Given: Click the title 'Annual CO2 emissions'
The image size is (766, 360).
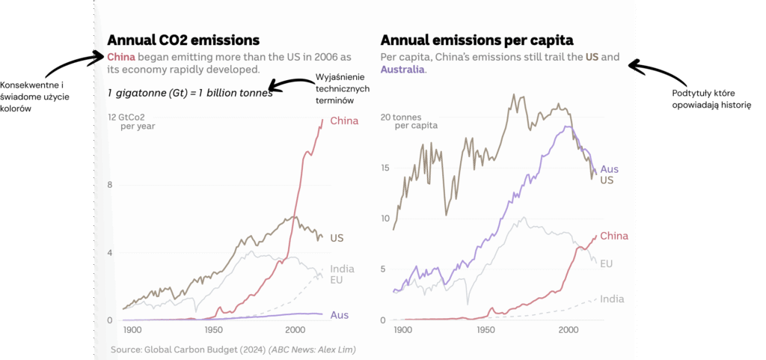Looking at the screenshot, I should click(183, 40).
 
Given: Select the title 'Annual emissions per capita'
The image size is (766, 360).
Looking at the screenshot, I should click(477, 40).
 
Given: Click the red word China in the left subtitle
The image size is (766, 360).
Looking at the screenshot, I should click(121, 57).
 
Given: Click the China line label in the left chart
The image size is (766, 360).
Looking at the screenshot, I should click(343, 120).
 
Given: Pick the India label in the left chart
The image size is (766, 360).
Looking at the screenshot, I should click(342, 269).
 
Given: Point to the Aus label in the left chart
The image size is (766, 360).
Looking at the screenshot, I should click(339, 315).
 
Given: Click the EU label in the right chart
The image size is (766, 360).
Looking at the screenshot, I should click(607, 263).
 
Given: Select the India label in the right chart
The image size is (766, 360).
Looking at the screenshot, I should click(612, 299).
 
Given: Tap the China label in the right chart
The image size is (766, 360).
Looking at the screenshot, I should click(614, 236).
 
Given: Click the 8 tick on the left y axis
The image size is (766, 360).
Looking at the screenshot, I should click(110, 185).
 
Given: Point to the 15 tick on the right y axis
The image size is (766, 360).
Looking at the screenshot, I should click(386, 168).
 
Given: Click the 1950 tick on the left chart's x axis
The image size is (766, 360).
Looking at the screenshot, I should click(214, 329).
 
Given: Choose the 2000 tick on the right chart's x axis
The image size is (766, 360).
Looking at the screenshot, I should click(568, 329).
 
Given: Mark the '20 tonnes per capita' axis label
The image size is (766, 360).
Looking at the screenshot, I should click(407, 121).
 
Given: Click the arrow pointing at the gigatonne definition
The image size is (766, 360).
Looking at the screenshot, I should click(288, 85).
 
